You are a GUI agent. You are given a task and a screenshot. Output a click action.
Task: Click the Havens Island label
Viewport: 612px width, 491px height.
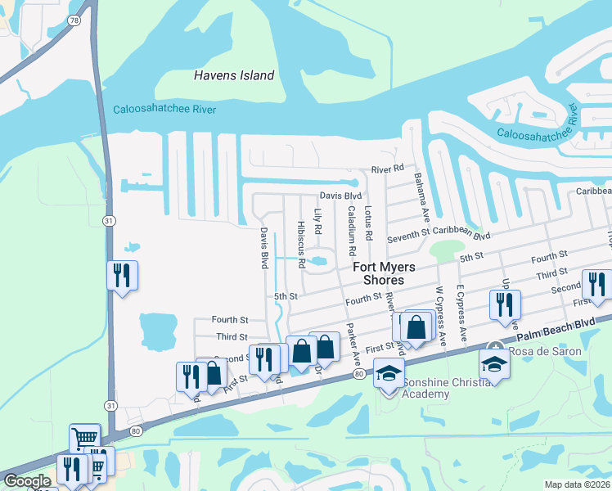click(233, 75)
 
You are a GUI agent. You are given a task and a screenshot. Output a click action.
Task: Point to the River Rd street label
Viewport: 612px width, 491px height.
click(387, 169)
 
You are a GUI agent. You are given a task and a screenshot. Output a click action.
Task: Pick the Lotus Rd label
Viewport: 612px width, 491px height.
click(369, 223)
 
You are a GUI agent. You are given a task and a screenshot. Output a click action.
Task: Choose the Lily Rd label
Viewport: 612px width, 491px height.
click(317, 219)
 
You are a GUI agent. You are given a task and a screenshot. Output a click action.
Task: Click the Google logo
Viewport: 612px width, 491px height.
click(27, 481)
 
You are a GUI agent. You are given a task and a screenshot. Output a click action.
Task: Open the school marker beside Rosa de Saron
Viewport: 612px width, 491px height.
click(494, 364)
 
